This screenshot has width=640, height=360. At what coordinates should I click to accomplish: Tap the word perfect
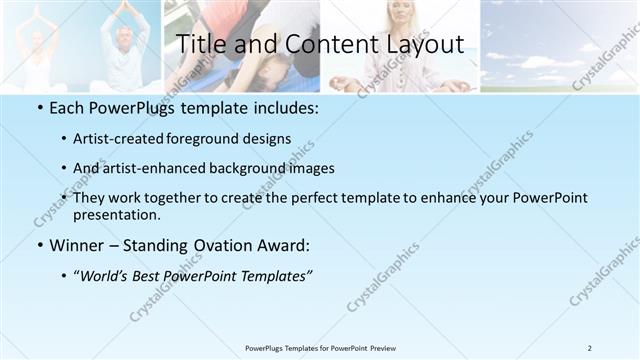pyautogui.click(x=311, y=198)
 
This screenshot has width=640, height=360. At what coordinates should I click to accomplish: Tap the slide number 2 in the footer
pyautogui.click(x=590, y=348)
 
